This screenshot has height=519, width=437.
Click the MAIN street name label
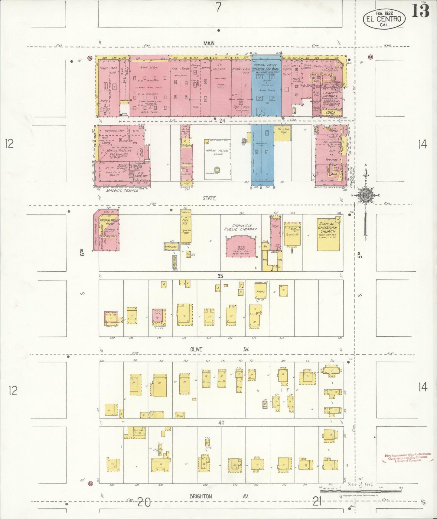[209, 43]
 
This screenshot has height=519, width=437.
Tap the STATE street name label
[209, 198]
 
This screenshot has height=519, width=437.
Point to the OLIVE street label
[197, 349]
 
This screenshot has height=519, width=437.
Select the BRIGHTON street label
[201, 497]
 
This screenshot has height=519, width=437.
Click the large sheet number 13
[420, 12]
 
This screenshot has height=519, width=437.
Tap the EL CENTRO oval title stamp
[384, 19]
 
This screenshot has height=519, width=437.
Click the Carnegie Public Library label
[240, 227]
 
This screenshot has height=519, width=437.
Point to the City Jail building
[170, 247]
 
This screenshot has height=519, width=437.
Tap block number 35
[220, 276]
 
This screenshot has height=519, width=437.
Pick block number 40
[221, 422]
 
